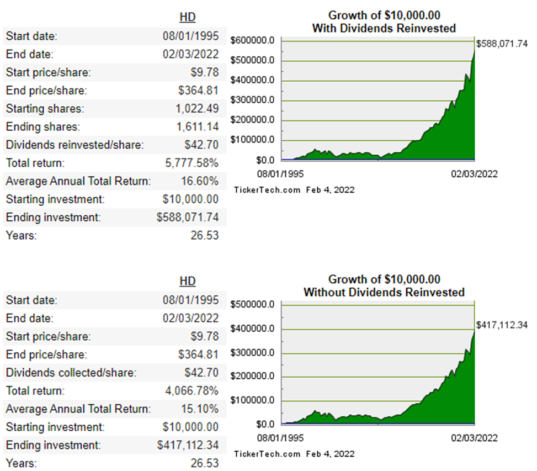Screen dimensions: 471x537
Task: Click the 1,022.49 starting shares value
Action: click(197, 109)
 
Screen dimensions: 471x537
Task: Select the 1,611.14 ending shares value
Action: click(198, 127)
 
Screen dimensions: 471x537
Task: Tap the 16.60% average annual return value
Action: click(200, 181)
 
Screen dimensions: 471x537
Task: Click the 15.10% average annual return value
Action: click(200, 409)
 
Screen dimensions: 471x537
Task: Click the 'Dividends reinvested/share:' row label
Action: click(75, 145)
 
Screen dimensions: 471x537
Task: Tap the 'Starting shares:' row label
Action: click(45, 109)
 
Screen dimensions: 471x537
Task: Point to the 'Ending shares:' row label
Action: click(43, 127)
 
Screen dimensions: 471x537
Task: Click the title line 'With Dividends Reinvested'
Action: click(385, 28)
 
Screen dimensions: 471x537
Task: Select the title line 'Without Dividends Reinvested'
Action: click(385, 292)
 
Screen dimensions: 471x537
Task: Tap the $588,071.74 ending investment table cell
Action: click(188, 218)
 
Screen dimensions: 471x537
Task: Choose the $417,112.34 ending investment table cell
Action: click(188, 445)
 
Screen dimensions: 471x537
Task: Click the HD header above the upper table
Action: click(188, 18)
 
